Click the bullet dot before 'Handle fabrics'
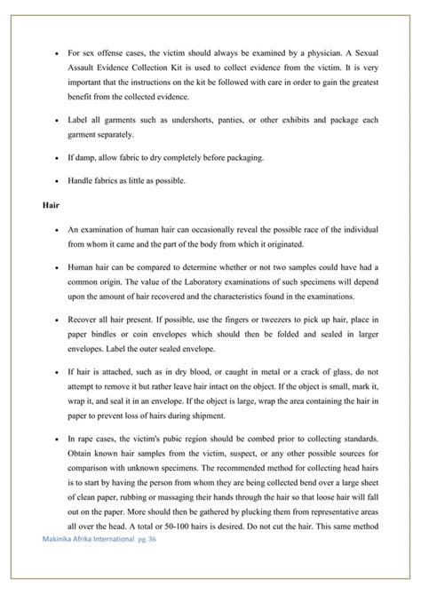coord(56,183)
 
